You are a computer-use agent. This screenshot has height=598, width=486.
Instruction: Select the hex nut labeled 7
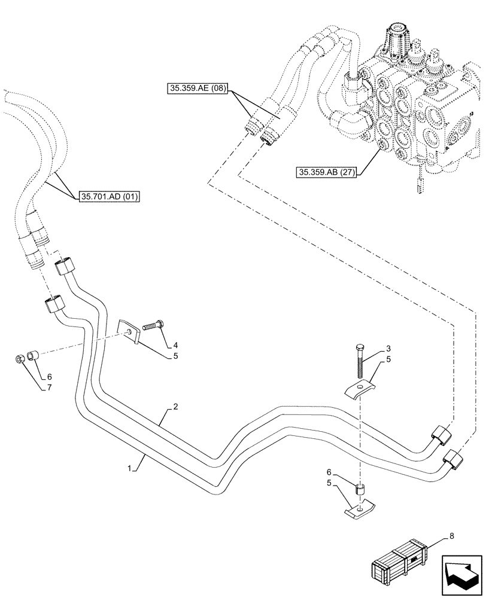[x=20, y=359]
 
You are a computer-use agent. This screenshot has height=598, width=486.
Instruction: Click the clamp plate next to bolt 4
[x=129, y=332]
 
